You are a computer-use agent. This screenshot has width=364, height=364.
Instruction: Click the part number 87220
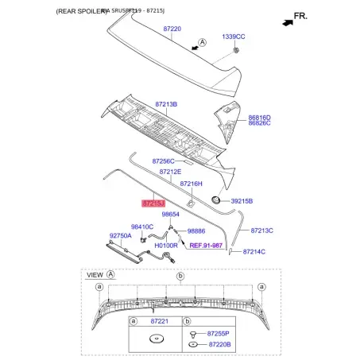[172, 29]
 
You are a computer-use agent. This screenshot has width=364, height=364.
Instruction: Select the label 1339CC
[233, 37]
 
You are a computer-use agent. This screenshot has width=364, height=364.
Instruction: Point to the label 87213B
[166, 104]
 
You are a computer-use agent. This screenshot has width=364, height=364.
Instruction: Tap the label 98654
[171, 215]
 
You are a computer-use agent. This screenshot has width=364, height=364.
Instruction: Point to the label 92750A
[121, 235]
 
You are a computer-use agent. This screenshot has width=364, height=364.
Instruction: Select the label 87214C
[252, 252]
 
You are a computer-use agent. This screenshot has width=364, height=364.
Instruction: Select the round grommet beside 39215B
[215, 200]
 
